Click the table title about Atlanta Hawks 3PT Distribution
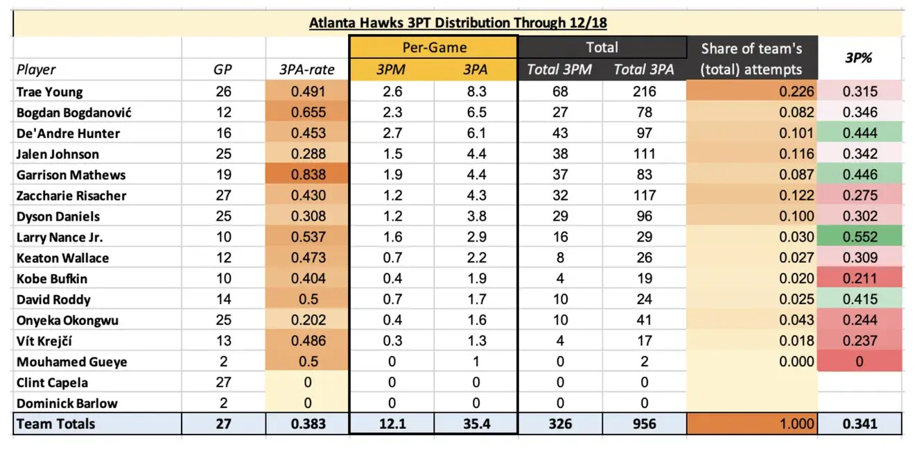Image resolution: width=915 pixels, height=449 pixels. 458,23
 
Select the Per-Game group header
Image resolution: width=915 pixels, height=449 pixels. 434,47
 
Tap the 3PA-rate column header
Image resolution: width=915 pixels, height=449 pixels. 308,69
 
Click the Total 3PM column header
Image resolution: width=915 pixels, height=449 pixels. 560,69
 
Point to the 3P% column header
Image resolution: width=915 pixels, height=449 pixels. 859,58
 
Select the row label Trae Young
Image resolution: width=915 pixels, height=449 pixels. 49,92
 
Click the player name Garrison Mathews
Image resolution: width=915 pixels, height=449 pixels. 71,175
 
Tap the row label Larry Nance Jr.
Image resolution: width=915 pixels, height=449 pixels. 60,237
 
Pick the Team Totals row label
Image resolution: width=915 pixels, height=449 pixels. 56,424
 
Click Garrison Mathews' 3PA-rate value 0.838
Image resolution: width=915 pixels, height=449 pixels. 308,175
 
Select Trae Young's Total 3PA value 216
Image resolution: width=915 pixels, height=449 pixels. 644,92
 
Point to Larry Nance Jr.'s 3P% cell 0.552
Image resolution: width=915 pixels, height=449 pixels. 860,237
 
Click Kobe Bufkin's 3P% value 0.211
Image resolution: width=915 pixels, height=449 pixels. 860,279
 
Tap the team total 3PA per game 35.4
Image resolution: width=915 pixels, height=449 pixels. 476,424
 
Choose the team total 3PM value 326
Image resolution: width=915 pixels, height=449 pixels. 560,424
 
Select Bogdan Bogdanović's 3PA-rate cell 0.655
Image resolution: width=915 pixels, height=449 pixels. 308,112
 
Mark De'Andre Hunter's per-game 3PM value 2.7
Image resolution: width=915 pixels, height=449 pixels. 392,133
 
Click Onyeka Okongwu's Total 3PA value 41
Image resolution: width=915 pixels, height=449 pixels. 644,321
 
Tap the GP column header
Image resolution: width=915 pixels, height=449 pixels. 223,69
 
